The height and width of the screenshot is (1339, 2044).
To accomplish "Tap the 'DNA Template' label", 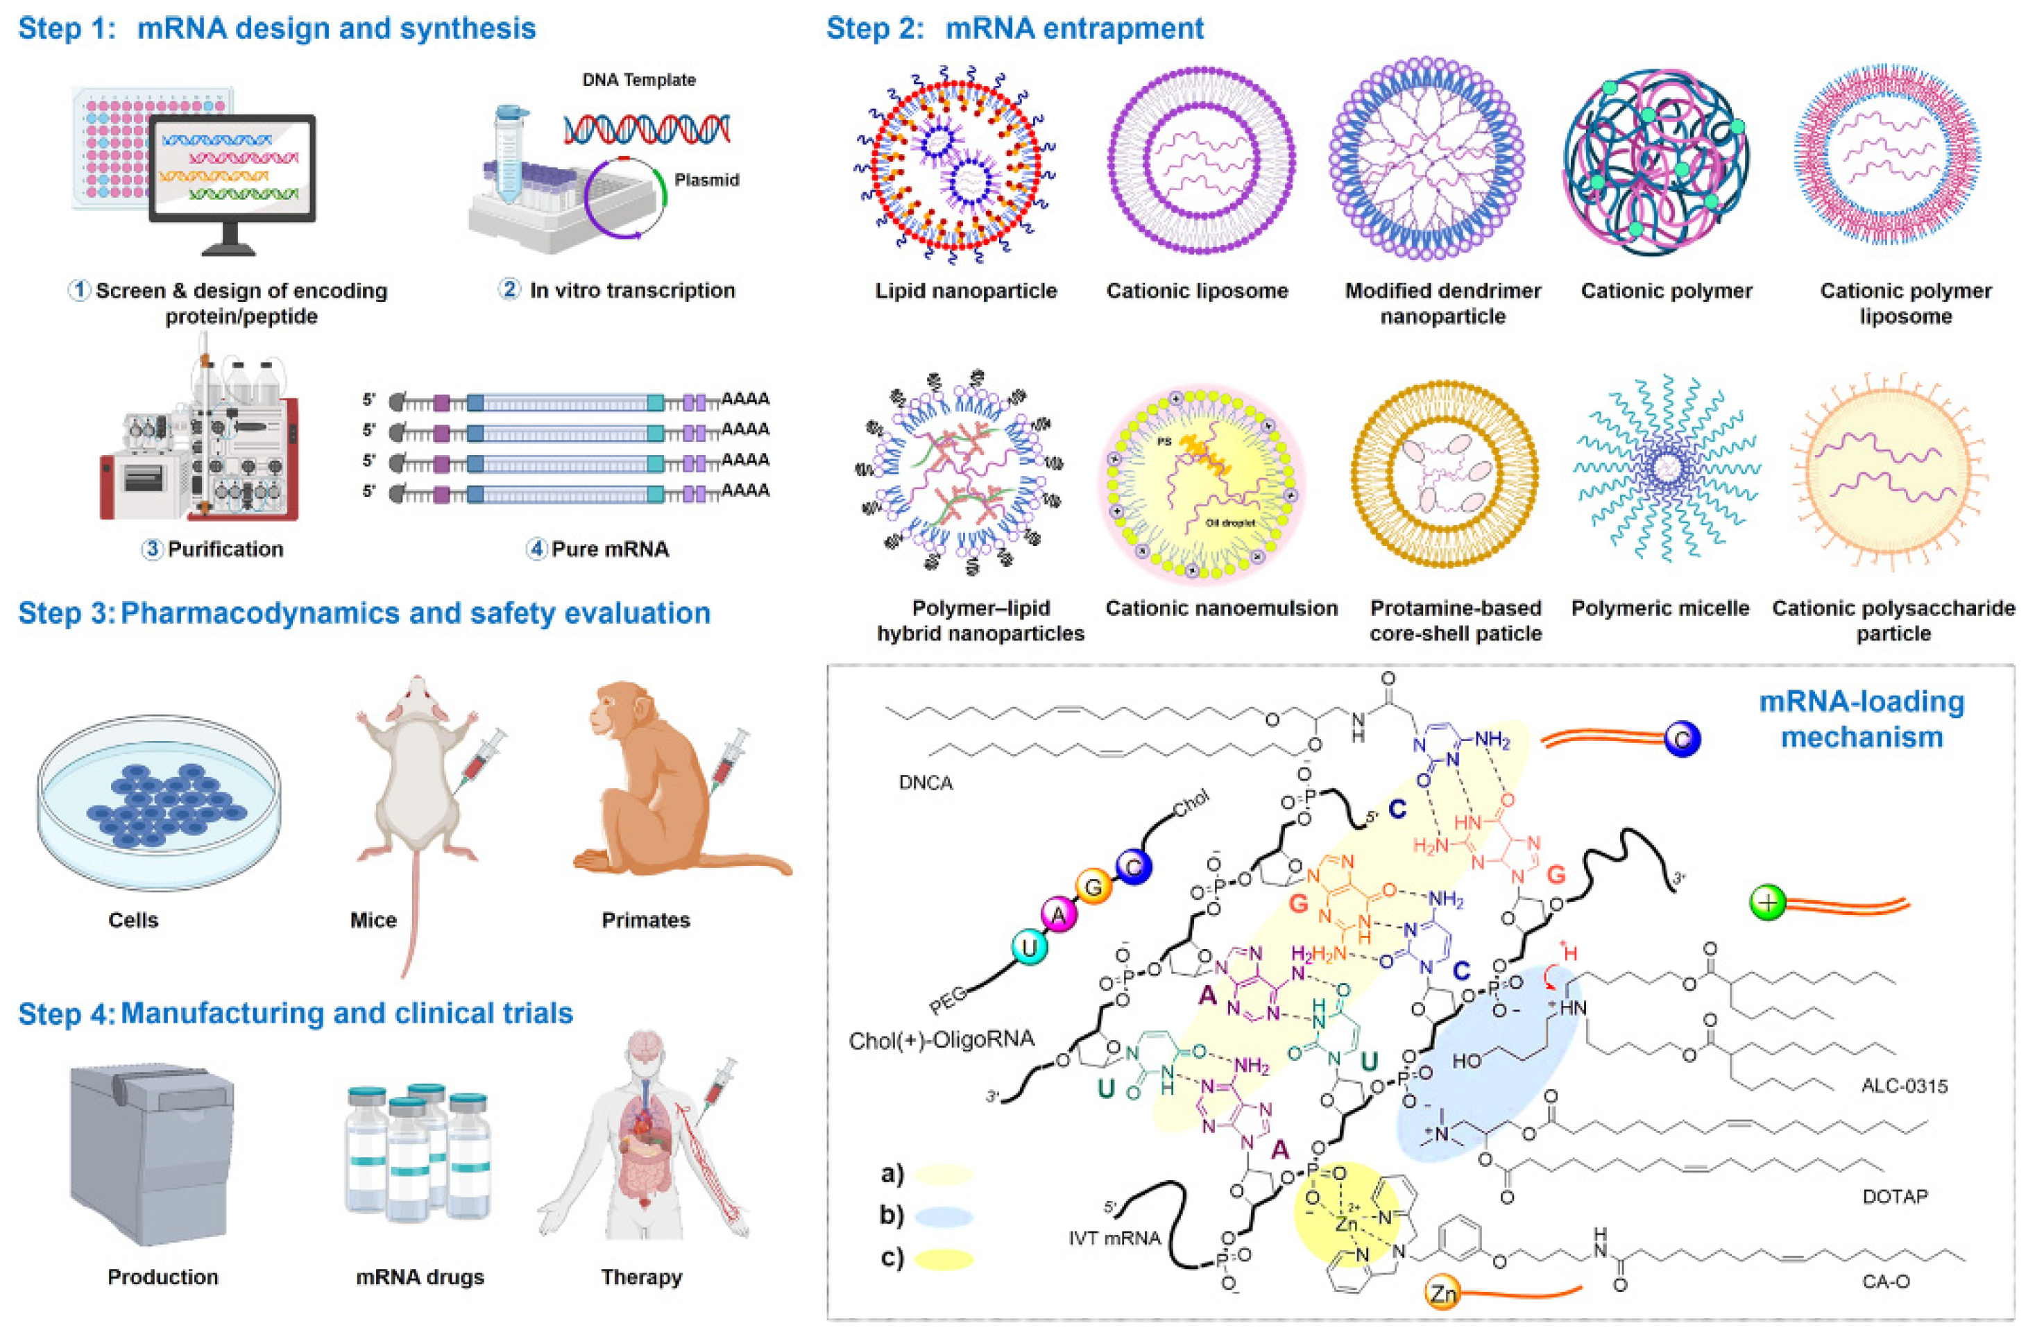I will pos(638,80).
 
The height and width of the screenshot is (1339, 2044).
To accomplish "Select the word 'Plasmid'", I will pos(706,180).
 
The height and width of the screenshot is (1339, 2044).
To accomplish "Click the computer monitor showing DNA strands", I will pos(232,172).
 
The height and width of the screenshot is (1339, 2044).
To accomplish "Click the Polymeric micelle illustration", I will pos(1666,468).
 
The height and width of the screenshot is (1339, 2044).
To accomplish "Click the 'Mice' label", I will pos(373,920).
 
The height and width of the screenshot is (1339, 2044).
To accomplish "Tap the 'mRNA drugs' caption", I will pos(420,1277).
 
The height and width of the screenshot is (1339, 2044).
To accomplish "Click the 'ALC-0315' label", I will pos(1904,1086).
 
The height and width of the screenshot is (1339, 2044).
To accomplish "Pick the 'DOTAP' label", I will pos(1895,1195).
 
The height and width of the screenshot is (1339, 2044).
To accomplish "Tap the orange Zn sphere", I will pos(1443,1292).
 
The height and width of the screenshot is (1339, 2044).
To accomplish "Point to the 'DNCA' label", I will pos(925,783).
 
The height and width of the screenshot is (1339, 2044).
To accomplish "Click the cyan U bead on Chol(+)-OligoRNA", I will pos(1028,948).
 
